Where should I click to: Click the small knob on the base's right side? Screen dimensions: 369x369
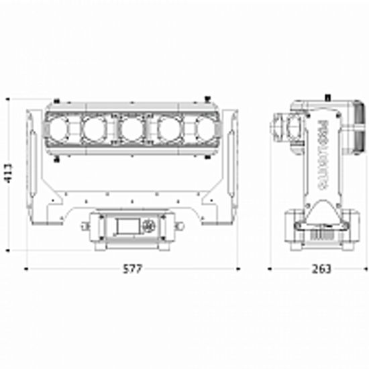179,226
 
